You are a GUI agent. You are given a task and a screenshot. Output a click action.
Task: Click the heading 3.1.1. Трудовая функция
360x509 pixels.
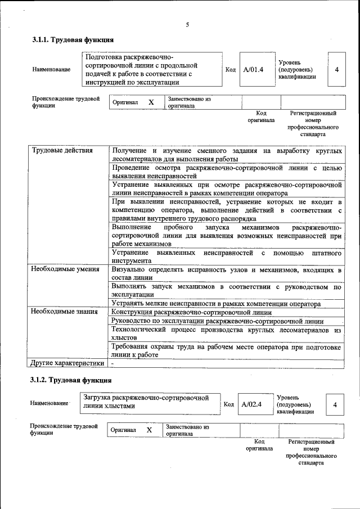coord(73,40)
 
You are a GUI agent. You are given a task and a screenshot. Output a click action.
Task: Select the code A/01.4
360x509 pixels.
coord(253,70)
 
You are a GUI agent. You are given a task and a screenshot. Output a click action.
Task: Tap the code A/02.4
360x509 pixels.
coord(251,404)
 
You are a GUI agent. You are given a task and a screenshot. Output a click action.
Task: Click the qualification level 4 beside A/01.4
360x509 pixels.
coord(336,70)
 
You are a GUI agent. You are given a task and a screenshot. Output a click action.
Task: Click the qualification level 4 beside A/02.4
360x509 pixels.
coord(335,404)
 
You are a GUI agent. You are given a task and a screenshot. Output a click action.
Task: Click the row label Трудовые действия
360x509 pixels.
coord(62,151)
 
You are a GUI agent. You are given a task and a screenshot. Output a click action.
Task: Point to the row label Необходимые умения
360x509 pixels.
coord(65,270)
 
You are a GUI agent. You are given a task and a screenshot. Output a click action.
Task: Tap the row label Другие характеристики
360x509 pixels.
coord(67,363)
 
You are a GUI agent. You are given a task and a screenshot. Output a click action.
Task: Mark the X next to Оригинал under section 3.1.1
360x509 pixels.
coord(151,102)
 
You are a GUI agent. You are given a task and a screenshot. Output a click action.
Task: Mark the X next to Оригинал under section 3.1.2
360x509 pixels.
coord(149,430)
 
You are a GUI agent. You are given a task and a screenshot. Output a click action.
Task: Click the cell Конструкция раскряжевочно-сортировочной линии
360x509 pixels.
coord(191,313)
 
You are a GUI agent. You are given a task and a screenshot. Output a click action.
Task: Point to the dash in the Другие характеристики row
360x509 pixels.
coord(112,364)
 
